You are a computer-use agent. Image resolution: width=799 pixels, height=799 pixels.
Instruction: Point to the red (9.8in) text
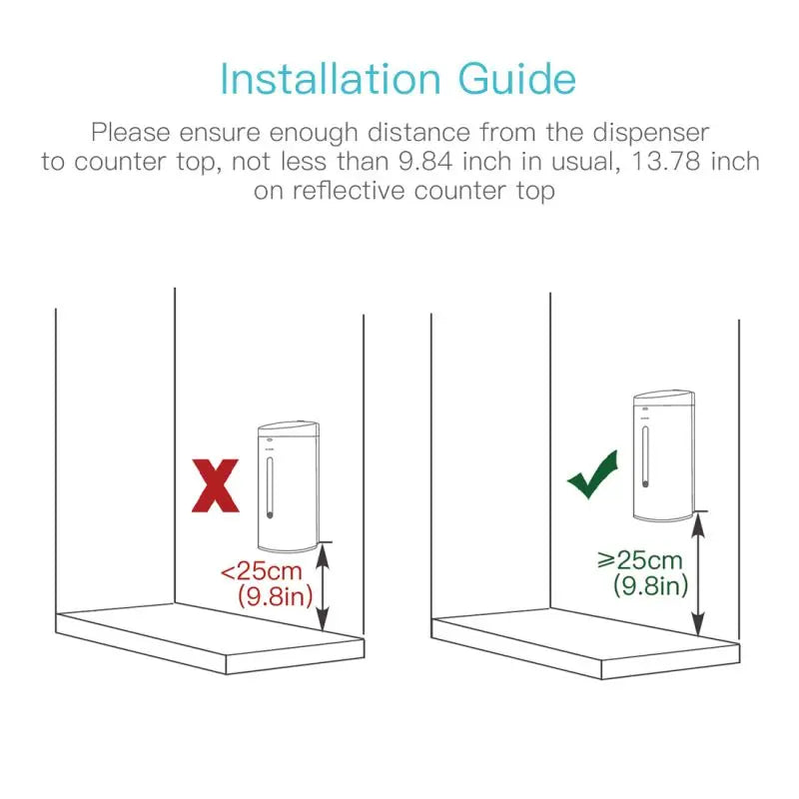(276, 598)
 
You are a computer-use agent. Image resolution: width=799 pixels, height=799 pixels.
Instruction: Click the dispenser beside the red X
(289, 485)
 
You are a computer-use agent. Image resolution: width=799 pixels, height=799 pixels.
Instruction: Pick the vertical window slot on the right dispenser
(644, 456)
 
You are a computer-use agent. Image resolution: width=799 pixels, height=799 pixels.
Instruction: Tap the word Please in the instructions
(127, 131)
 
